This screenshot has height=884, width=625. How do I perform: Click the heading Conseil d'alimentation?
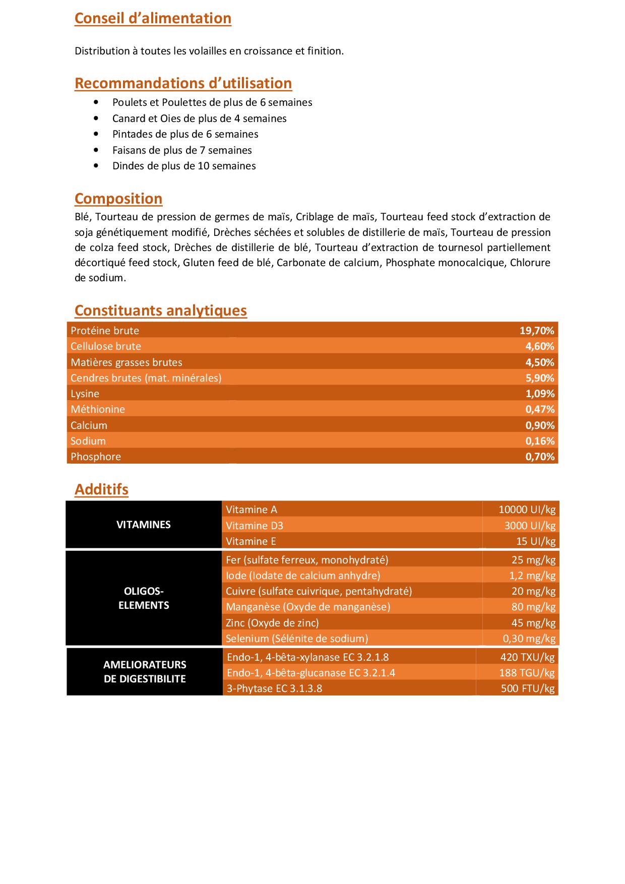(153, 18)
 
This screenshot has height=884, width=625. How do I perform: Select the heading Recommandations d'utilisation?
(183, 83)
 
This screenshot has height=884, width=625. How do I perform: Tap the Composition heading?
(118, 199)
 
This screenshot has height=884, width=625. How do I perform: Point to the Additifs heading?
(101, 489)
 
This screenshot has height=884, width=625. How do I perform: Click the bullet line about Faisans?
(182, 150)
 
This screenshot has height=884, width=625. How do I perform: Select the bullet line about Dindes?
(184, 166)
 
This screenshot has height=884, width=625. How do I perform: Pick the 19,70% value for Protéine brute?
(537, 331)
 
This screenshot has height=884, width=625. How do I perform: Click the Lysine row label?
(85, 394)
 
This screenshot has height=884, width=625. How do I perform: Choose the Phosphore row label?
(96, 457)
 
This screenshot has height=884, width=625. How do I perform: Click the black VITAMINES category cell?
(144, 525)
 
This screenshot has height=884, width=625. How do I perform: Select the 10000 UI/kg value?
(527, 510)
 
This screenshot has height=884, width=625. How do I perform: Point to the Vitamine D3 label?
(255, 526)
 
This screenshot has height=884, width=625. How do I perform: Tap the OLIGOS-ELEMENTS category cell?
(144, 598)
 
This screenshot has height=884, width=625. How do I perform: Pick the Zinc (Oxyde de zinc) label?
(272, 623)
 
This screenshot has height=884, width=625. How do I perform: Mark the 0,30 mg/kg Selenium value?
(529, 639)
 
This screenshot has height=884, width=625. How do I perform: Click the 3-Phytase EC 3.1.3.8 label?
(274, 688)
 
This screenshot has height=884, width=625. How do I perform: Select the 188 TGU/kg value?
(527, 673)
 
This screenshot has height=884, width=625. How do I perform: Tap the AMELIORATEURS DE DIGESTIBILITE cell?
(145, 672)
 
